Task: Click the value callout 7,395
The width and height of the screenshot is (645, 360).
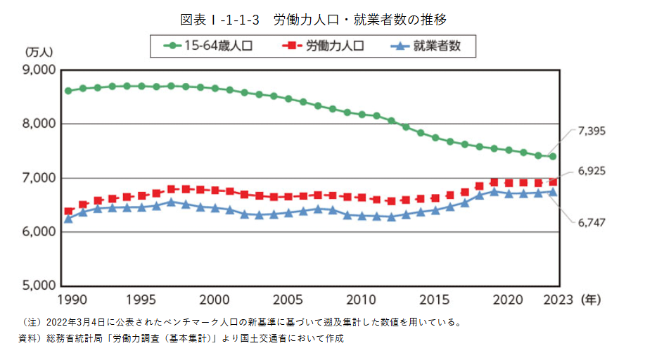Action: point(592,131)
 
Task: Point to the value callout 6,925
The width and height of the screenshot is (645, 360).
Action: point(592,171)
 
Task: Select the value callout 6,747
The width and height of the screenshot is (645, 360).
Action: point(592,222)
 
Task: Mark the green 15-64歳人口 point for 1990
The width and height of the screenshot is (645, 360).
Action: point(68,91)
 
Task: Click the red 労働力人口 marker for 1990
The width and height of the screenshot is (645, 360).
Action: point(68,211)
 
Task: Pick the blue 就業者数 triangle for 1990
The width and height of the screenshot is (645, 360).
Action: point(68,219)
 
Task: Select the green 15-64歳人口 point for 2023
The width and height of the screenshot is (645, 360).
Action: point(553,156)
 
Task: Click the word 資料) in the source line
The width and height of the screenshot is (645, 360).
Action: point(30,339)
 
